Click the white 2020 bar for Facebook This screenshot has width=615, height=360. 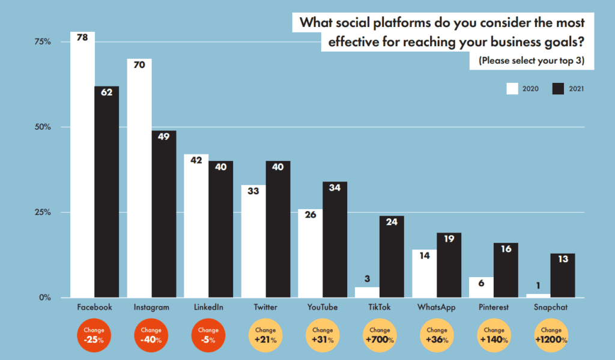coord(82,168)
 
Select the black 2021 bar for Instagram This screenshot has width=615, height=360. coord(164,216)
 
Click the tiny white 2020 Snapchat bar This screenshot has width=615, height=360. coord(538,295)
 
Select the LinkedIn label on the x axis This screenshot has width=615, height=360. coord(208,307)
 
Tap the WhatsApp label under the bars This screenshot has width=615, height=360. coord(437,307)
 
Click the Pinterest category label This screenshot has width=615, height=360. coord(494,307)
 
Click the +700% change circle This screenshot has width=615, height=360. coord(380,335)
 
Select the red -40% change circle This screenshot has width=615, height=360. coord(151,335)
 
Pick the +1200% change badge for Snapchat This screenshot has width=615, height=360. coord(551,335)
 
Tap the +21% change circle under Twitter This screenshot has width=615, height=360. coord(265,335)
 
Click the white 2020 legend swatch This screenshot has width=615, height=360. coord(512,88)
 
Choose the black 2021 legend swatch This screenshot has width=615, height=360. coord(558,88)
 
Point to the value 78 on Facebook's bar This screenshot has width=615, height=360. coord(82,37)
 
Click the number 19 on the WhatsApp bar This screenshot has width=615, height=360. coord(449,239)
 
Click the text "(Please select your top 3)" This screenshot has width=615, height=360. coord(531,61)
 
